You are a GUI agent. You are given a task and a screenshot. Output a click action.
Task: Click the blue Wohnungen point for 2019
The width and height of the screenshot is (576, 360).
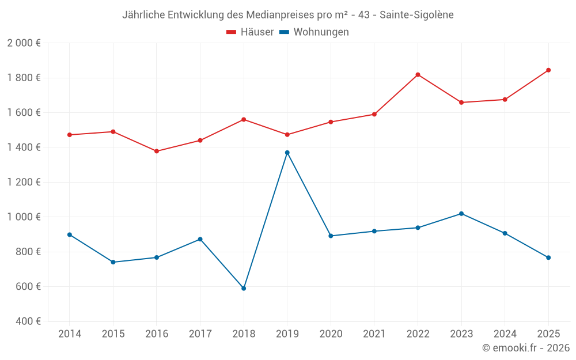287,153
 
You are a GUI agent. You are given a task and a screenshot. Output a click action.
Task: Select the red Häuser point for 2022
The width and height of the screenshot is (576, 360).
418,75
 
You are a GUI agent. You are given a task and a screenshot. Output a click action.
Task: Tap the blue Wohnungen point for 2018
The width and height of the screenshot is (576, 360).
244,288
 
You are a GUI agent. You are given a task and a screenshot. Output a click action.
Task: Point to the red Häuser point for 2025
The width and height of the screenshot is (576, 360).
548,70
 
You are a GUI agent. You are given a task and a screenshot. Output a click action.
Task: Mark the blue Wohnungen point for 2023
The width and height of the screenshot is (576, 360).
461,214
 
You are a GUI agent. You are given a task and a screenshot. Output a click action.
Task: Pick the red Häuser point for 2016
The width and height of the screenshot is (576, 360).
157,151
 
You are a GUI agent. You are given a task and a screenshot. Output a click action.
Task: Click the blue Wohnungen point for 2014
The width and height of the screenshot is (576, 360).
70,234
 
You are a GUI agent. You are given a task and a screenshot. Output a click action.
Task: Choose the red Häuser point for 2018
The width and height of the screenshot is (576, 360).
244,119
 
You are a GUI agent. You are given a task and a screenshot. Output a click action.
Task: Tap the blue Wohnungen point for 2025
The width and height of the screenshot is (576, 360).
548,257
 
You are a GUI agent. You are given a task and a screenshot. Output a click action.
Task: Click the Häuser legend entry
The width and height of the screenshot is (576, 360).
249,32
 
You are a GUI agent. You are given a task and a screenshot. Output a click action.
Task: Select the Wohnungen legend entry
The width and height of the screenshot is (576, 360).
314,32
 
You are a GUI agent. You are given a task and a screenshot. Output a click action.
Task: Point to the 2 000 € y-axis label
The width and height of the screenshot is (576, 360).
24,43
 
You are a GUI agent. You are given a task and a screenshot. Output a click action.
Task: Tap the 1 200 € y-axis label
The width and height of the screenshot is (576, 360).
24,182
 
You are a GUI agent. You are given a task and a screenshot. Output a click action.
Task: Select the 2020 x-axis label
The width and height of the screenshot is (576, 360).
331,334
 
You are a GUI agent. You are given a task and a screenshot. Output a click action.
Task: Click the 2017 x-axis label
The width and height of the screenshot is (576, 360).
200,334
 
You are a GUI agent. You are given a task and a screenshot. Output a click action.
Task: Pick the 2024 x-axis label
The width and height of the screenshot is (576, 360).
505,334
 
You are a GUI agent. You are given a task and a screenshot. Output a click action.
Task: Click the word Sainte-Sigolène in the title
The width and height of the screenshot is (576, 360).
416,15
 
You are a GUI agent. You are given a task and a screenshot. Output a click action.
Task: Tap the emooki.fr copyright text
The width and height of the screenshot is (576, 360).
525,348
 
